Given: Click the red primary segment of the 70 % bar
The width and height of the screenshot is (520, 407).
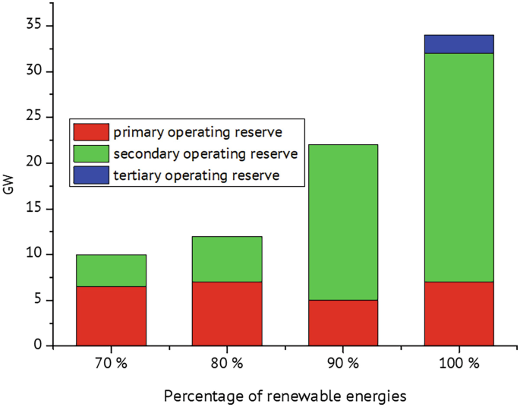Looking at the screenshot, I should click(x=111, y=316).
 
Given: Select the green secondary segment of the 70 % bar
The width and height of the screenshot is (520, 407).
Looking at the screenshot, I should click(x=111, y=270).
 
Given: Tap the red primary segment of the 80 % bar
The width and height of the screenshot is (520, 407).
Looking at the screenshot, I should click(x=227, y=314).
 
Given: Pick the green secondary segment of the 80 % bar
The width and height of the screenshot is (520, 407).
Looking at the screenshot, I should click(x=227, y=259).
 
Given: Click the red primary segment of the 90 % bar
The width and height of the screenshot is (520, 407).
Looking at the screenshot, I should click(x=343, y=323).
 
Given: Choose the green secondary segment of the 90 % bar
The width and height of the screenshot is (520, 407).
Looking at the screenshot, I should click(x=343, y=222).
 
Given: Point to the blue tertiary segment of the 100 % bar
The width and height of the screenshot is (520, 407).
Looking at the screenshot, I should click(x=459, y=44).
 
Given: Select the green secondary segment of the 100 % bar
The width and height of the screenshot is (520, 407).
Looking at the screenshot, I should click(x=459, y=167).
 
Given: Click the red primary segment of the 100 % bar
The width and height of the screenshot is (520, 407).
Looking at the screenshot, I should click(x=459, y=314).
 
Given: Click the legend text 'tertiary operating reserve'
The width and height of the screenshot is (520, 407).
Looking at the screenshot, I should click(x=197, y=175).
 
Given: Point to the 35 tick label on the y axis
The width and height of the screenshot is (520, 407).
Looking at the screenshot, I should click(x=33, y=26).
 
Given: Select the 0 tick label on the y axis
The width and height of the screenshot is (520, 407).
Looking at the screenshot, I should click(x=37, y=345).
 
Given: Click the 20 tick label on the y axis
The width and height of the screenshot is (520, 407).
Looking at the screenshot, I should click(x=33, y=162).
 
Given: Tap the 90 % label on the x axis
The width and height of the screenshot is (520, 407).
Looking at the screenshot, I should click(x=343, y=364).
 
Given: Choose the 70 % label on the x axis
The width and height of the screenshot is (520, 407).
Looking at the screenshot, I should click(x=111, y=364).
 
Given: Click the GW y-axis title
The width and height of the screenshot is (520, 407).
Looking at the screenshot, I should click(x=8, y=186).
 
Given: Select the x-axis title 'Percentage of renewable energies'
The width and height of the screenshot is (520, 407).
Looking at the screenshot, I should click(x=285, y=396).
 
